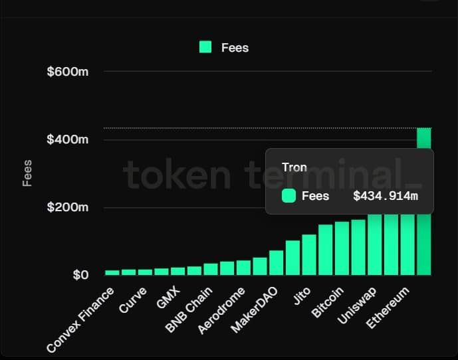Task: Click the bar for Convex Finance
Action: (x=112, y=272)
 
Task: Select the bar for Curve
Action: (x=146, y=272)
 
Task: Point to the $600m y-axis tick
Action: (x=68, y=71)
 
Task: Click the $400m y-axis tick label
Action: (x=68, y=139)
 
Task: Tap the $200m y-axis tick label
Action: (x=68, y=207)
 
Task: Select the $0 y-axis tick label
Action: (x=80, y=275)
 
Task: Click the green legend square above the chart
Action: (x=205, y=47)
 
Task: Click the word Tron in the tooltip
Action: (x=294, y=167)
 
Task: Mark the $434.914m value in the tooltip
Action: (x=385, y=196)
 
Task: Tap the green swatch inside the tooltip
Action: (x=288, y=196)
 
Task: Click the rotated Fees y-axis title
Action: (x=27, y=173)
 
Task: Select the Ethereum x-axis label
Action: (x=388, y=310)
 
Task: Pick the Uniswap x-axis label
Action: (x=357, y=306)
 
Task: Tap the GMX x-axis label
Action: (x=168, y=300)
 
